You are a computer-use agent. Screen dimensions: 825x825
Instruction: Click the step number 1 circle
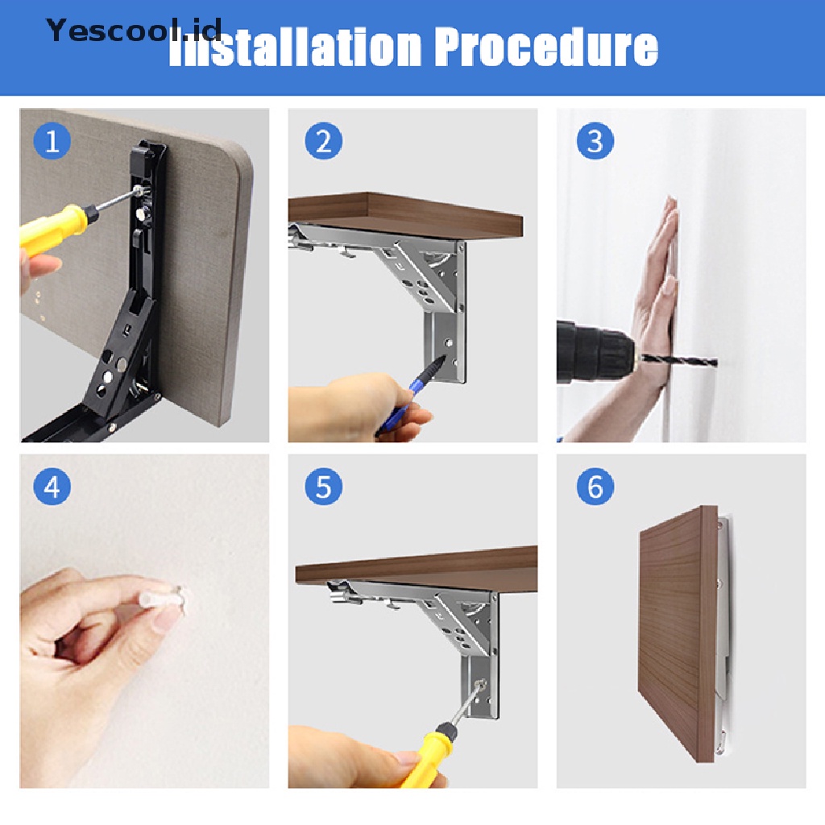tap(52, 140)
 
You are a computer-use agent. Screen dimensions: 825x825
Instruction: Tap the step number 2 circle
tap(324, 140)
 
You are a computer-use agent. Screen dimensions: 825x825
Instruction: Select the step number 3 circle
tap(595, 140)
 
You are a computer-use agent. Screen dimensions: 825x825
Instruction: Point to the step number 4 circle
tap(52, 486)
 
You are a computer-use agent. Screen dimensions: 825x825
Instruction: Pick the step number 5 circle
tap(324, 486)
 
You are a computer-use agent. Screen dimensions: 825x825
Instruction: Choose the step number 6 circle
tap(595, 486)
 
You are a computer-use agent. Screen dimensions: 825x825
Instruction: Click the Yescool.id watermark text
tap(134, 30)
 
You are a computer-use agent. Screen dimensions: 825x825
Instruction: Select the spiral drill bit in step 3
tap(678, 360)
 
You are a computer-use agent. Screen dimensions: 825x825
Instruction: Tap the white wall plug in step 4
tap(163, 599)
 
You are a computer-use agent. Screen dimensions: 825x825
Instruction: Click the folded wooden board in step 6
tap(678, 634)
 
